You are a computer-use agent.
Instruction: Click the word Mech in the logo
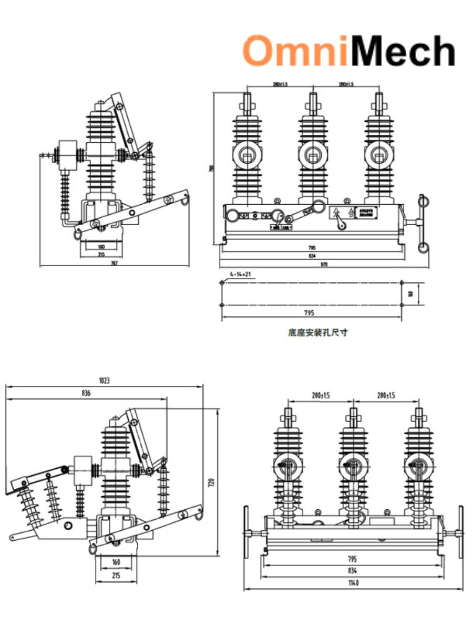coord(400,51)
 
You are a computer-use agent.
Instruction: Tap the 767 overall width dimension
coord(115,263)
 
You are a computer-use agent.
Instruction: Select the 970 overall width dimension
coord(324,265)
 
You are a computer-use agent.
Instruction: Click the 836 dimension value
coord(86,393)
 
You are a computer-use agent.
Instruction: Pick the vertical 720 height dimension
coord(211,481)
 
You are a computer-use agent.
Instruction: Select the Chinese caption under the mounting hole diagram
coord(317,332)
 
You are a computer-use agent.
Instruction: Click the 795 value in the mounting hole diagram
coord(309,313)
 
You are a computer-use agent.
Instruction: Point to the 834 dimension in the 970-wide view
coord(312,256)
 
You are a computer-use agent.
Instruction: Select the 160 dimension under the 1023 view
coord(116,562)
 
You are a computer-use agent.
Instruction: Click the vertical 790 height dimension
coord(212,169)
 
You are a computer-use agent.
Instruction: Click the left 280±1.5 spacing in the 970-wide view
coord(280,84)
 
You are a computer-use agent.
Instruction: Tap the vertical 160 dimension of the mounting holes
coord(410,293)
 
